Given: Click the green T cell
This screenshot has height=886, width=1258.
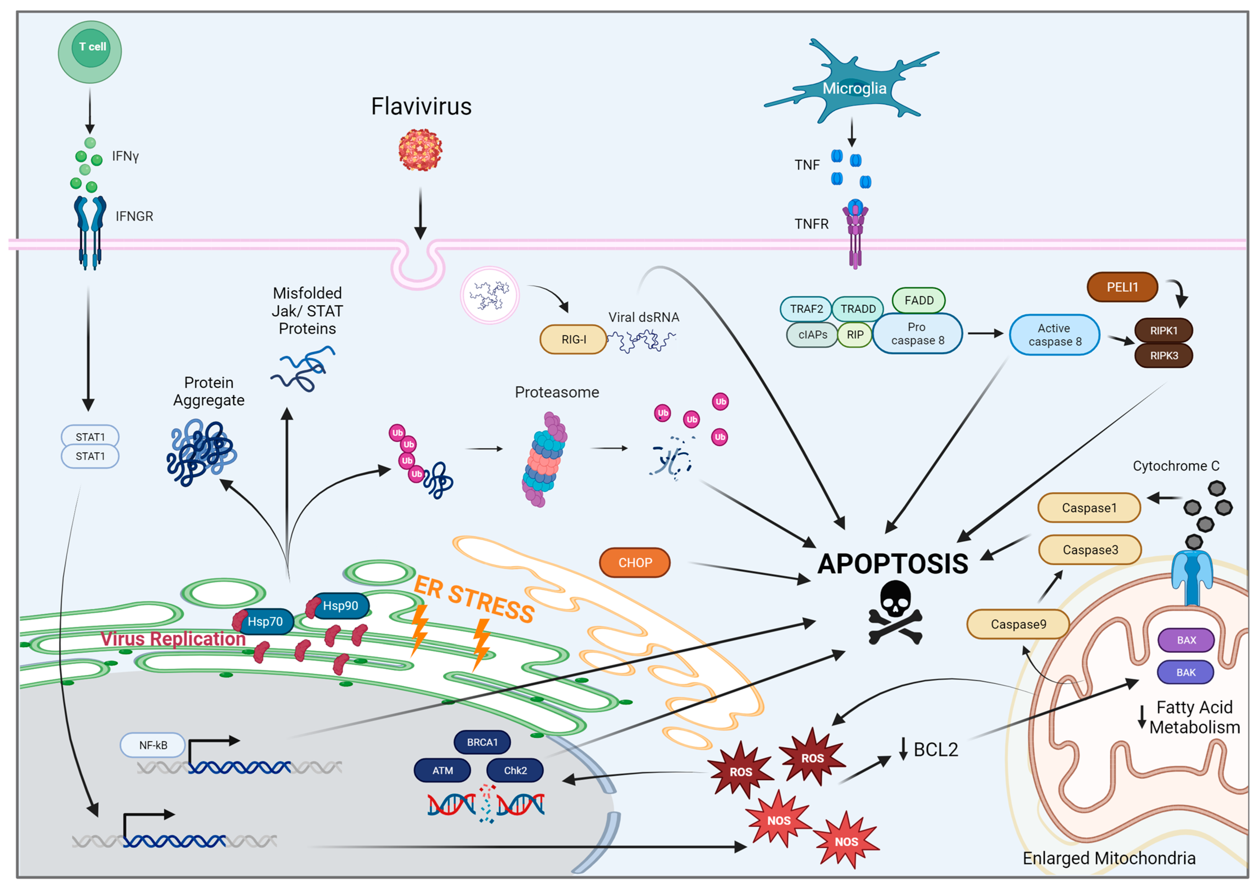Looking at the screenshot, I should pos(90,52).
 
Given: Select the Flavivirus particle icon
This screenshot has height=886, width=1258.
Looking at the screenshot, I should pos(420,149).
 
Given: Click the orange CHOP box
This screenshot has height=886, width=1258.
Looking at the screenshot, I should pos(634,562).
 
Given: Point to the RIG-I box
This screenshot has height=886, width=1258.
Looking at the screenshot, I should pos(573,339).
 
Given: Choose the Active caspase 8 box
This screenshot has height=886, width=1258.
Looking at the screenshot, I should pos(1054,335).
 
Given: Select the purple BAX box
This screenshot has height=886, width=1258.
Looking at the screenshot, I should pos(1186,640).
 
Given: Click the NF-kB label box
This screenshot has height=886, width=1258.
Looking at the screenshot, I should pos(153,745).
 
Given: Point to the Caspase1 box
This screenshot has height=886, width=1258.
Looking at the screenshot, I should pos(1089,508).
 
